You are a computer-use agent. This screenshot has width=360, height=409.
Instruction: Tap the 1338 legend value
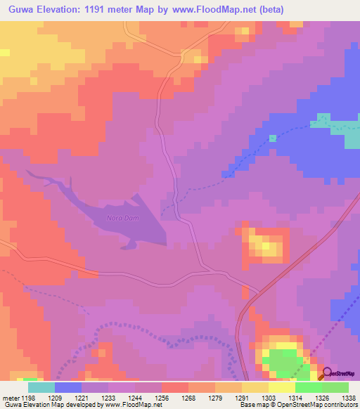(x=349, y=397)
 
